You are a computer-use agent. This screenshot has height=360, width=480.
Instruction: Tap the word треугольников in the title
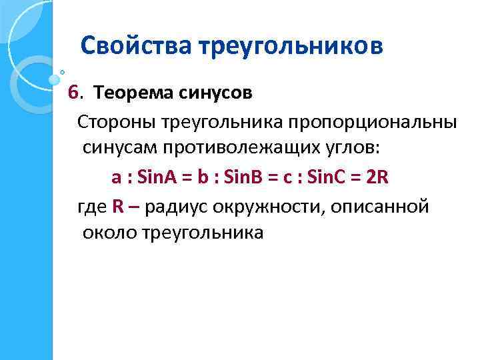pos(291,46)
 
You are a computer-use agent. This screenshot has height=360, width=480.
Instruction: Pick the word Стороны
pos(112,122)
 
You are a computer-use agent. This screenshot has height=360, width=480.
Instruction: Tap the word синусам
pos(119,149)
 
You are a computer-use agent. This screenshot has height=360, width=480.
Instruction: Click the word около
pos(110,233)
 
